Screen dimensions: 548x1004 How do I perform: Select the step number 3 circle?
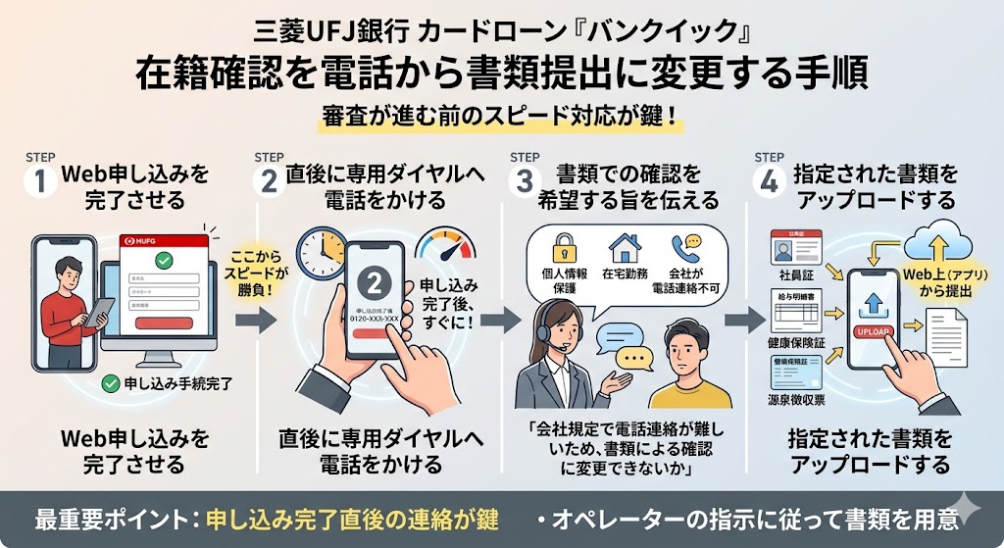tap(526, 184)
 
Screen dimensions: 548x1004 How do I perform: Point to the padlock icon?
tap(565, 245)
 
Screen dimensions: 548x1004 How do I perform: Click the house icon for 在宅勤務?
tap(624, 245)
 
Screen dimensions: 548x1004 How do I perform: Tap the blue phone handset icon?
tap(683, 245)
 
